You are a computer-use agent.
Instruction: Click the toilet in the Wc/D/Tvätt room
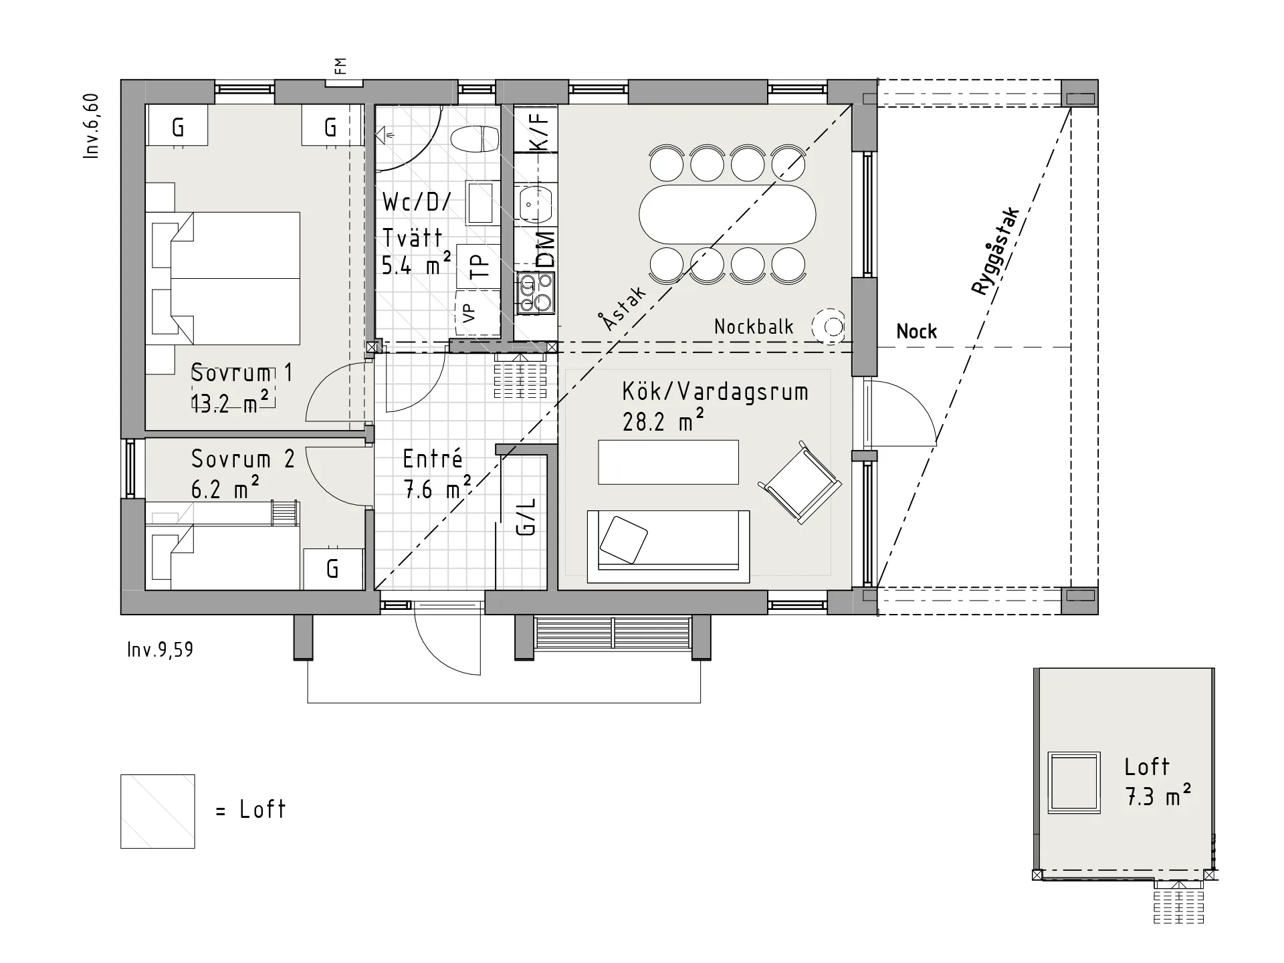click(x=475, y=140)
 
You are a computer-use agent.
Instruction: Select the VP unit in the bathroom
click(x=477, y=313)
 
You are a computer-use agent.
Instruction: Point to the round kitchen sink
click(x=534, y=205)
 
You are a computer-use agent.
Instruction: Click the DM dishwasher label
click(x=546, y=249)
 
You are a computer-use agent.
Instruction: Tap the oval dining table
click(x=727, y=215)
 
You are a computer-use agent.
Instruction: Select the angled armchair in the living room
click(x=800, y=482)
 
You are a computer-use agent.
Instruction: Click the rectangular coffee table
click(x=668, y=461)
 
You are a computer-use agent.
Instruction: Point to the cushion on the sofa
click(x=624, y=540)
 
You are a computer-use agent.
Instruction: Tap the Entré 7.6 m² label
click(x=437, y=474)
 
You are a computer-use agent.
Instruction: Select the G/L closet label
click(x=526, y=516)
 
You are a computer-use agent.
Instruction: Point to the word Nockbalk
click(x=754, y=326)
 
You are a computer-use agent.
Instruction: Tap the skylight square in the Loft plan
click(x=1074, y=782)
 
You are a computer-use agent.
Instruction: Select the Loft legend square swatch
click(x=158, y=811)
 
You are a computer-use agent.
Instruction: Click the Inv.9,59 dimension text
click(x=160, y=649)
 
